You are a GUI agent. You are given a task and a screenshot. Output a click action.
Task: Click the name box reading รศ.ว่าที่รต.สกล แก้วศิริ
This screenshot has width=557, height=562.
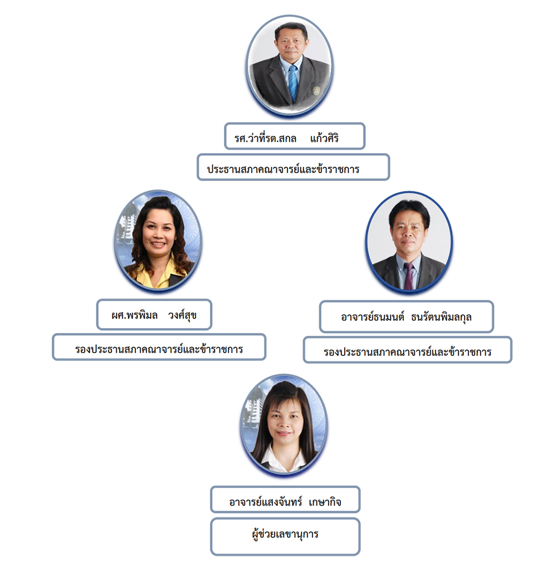[x=295, y=136]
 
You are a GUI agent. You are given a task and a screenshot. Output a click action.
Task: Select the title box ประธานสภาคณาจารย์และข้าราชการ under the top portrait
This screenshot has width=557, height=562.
[x=293, y=167]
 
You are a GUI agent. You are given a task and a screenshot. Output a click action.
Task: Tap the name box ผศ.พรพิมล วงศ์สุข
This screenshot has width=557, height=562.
[x=154, y=315]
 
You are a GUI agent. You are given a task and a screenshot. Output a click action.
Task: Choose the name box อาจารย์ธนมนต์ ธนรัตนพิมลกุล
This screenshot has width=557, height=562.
[x=407, y=316]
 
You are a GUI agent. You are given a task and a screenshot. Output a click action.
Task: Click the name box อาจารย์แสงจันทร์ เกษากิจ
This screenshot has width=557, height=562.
[x=285, y=499]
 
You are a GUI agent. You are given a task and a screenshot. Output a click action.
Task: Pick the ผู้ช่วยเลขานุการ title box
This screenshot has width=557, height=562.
[x=285, y=536]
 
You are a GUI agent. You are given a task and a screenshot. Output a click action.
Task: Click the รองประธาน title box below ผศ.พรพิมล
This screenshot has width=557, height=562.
[x=159, y=347]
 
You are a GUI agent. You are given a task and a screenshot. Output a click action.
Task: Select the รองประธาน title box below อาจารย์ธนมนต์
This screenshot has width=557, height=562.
[x=408, y=350]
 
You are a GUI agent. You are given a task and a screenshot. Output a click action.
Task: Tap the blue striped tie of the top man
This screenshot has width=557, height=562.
[x=293, y=83]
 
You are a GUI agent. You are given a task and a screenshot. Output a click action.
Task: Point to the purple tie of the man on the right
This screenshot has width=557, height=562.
[x=409, y=276]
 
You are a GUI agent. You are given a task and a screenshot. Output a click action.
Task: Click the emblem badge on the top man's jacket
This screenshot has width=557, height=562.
[x=316, y=90]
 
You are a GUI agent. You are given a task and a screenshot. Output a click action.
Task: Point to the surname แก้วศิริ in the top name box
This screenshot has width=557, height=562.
[x=324, y=138]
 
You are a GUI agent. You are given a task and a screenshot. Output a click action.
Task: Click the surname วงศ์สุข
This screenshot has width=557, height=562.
[x=183, y=315]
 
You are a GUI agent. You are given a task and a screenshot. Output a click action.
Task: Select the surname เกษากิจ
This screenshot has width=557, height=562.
[x=325, y=502]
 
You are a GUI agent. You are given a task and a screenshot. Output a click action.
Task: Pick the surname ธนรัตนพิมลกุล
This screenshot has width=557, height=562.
[x=441, y=317]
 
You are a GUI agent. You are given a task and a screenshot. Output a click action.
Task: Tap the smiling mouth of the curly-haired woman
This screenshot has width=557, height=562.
[x=158, y=244]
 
